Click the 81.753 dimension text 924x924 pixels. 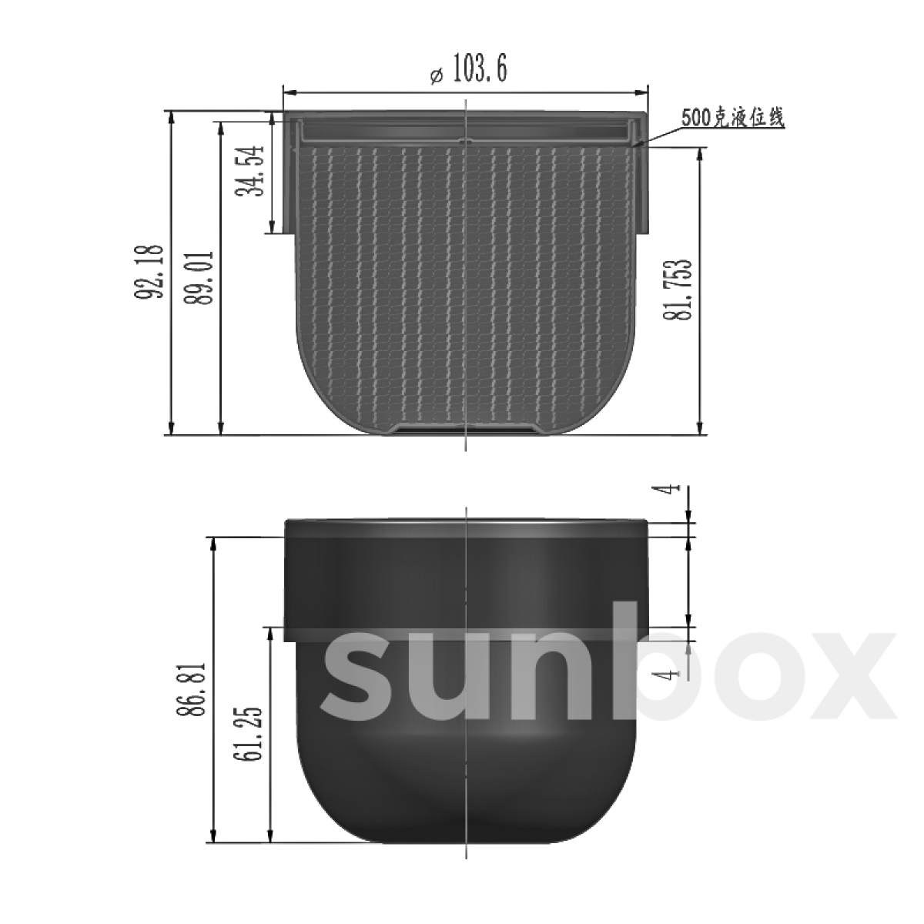pos(682,290)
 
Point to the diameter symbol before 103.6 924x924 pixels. pos(435,75)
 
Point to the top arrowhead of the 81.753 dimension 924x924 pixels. pos(700,154)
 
